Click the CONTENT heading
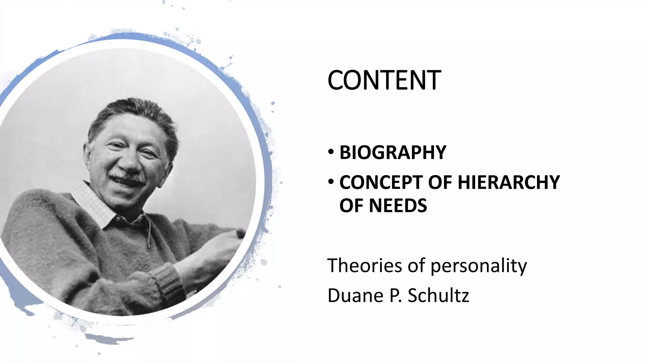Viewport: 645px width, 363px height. pyautogui.click(x=384, y=80)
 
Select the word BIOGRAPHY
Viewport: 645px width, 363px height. pyautogui.click(x=393, y=153)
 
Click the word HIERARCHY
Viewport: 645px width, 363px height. pyautogui.click(x=508, y=182)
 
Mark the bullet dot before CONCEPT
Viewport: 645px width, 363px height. pyautogui.click(x=331, y=182)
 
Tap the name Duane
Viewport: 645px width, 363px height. pyautogui.click(x=356, y=296)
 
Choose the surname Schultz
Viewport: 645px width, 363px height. pyautogui.click(x=438, y=296)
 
